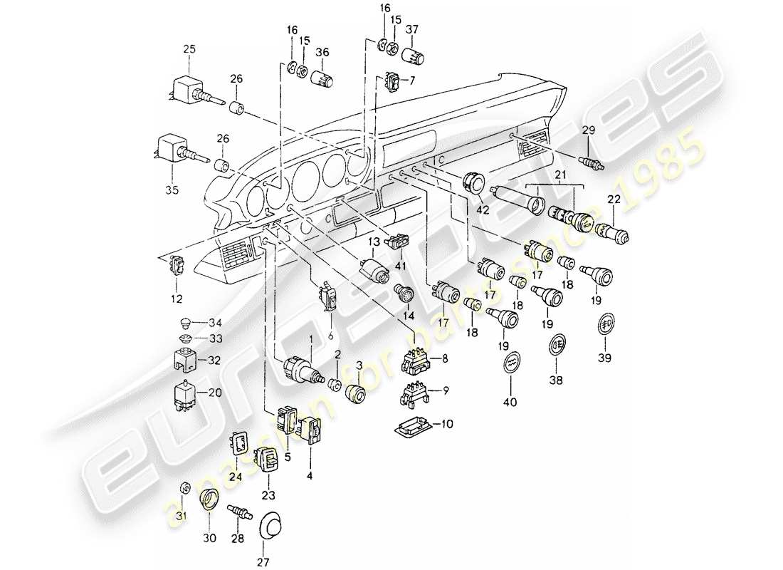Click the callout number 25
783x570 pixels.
(189, 48)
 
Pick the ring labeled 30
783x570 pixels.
(209, 499)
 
